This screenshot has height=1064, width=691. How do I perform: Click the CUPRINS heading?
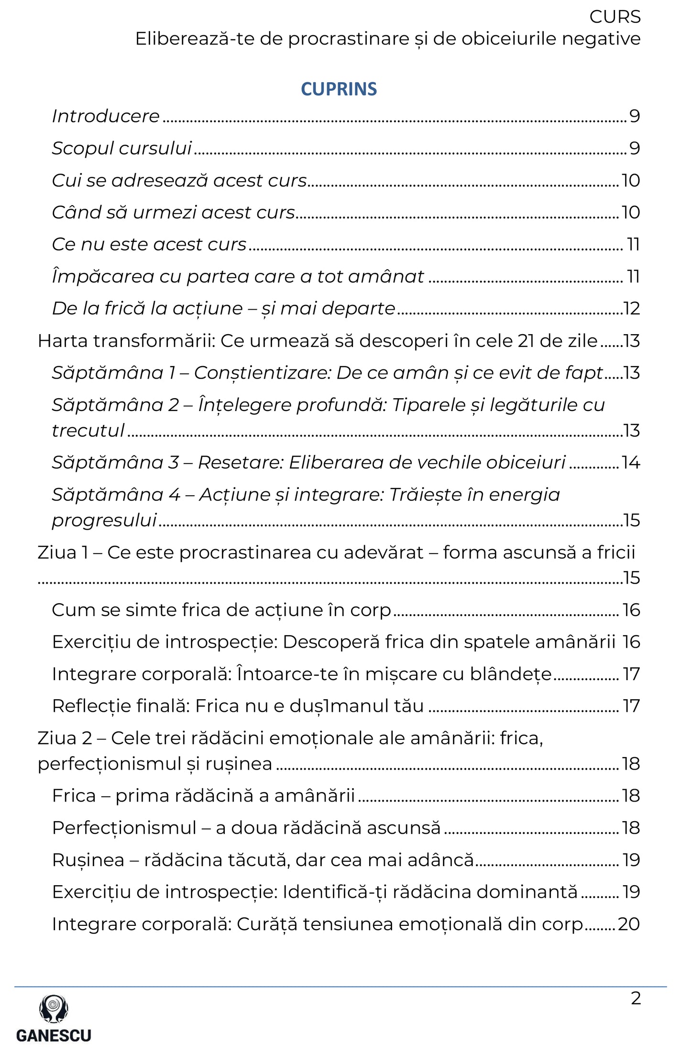pyautogui.click(x=339, y=89)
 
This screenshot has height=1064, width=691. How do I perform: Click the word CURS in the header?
pyautogui.click(x=614, y=17)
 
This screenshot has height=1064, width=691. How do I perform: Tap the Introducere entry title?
pyautogui.click(x=106, y=116)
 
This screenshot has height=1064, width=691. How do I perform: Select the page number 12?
pyautogui.click(x=631, y=309)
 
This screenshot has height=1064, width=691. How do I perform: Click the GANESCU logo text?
pyautogui.click(x=54, y=1035)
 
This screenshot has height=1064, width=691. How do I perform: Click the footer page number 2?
pyautogui.click(x=636, y=999)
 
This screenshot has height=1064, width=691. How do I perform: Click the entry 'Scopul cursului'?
pyautogui.click(x=122, y=148)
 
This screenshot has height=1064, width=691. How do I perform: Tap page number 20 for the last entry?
pyautogui.click(x=629, y=924)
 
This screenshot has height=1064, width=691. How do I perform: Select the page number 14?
pyautogui.click(x=631, y=463)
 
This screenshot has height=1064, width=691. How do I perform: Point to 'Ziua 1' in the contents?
pyautogui.click(x=63, y=553)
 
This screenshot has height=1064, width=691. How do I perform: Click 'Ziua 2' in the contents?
pyautogui.click(x=65, y=738)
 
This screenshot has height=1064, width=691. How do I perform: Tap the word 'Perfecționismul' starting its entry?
pyautogui.click(x=124, y=828)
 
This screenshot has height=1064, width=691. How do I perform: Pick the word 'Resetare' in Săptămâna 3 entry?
pyautogui.click(x=241, y=463)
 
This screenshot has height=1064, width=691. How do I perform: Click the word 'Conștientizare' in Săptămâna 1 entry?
pyautogui.click(x=263, y=373)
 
